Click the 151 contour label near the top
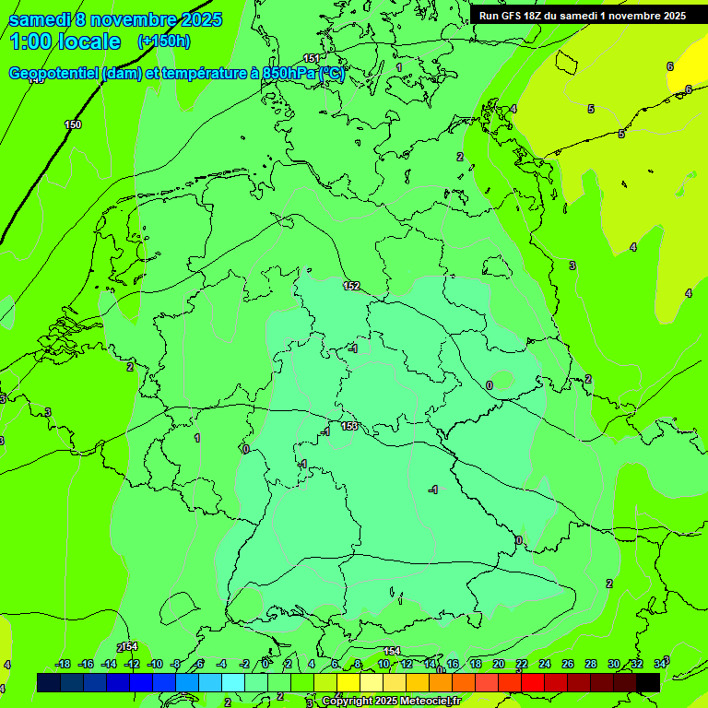[312, 59]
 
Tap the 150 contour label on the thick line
[73, 124]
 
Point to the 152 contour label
[351, 286]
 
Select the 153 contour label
[349, 426]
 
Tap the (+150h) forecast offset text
[164, 41]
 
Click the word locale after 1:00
[90, 41]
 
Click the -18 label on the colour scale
[63, 664]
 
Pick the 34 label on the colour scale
[660, 664]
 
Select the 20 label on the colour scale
[498, 664]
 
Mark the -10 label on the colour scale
[155, 664]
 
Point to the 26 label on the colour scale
[567, 664]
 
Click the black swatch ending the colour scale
[648, 682]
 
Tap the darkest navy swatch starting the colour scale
[49, 682]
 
